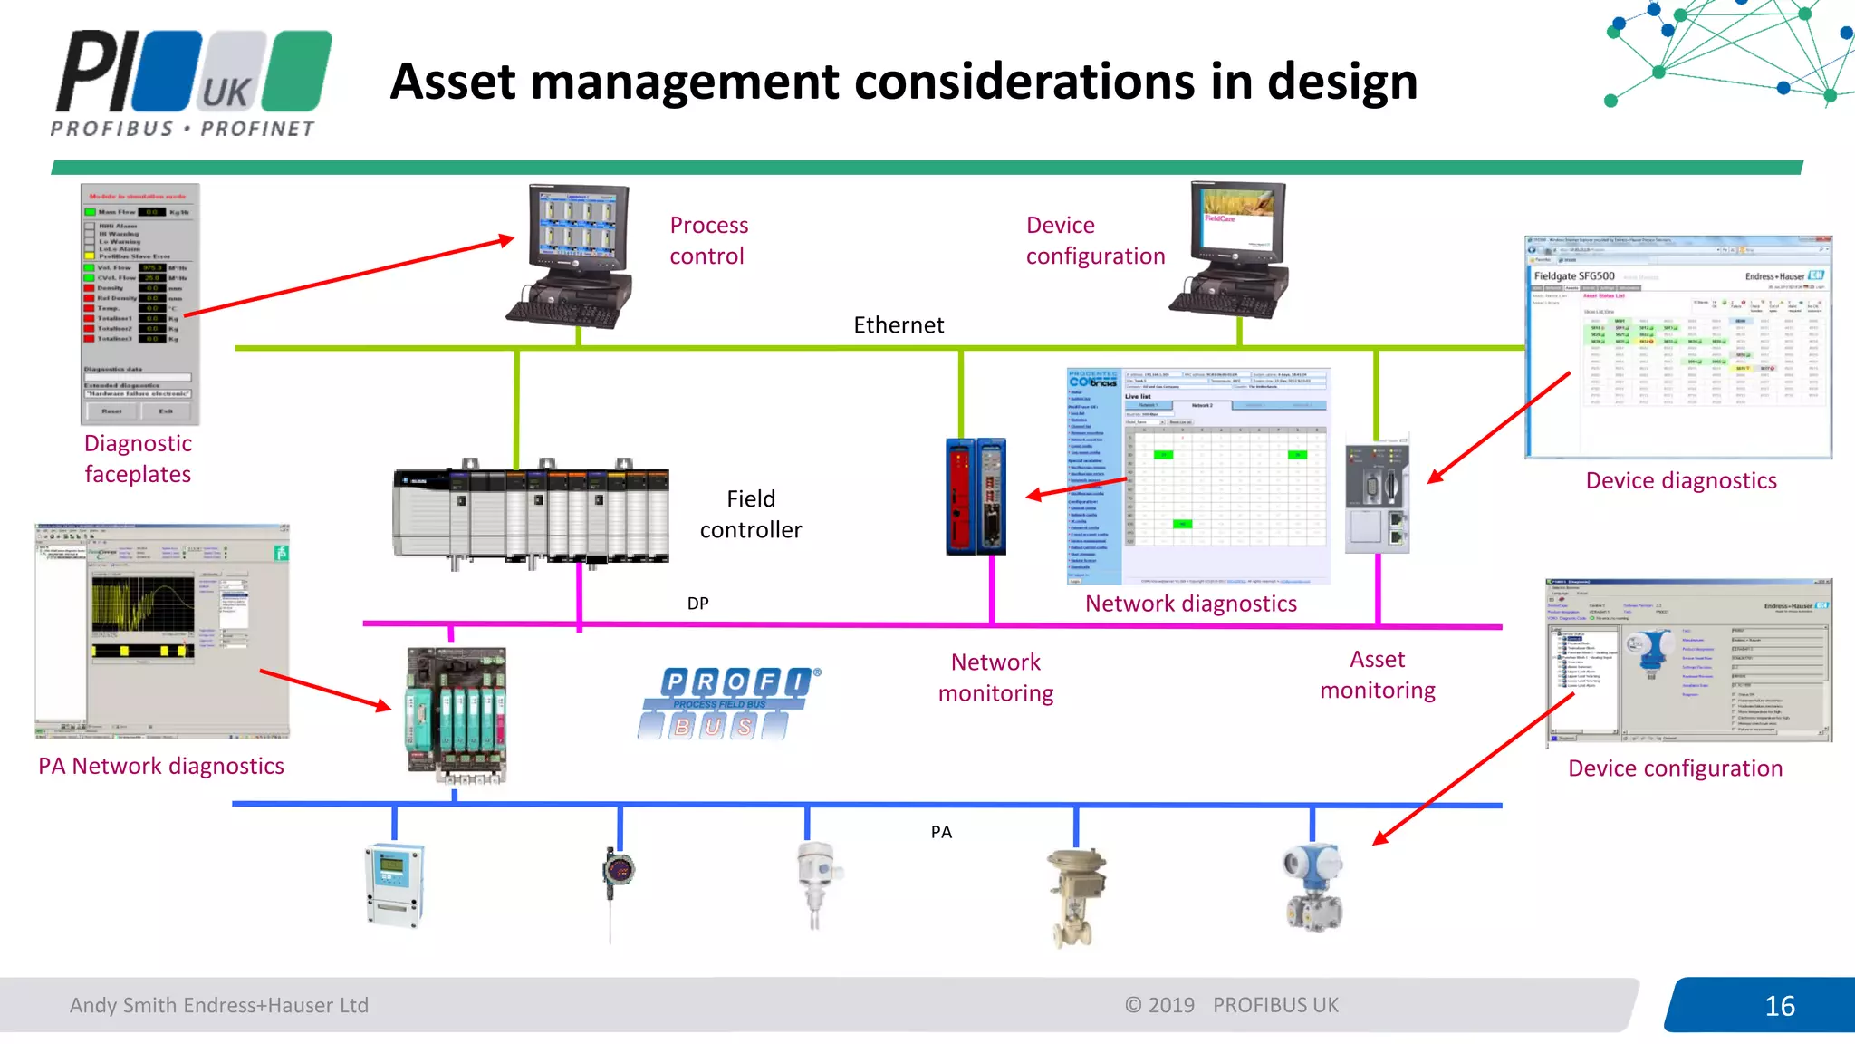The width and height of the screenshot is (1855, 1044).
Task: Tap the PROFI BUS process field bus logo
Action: [730, 703]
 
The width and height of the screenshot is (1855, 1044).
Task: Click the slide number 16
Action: [1779, 1006]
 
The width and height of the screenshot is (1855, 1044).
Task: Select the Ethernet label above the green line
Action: [898, 325]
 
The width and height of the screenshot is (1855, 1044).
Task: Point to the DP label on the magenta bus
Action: [697, 604]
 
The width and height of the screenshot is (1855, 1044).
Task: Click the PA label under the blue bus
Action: [941, 832]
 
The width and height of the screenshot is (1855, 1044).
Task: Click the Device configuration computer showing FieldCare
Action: [1233, 249]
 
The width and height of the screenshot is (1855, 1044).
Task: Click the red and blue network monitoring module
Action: [976, 497]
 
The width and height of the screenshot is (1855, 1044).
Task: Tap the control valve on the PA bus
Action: [1075, 897]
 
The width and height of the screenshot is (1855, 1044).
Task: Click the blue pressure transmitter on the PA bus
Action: [1312, 888]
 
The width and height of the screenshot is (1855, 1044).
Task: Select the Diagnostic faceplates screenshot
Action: [139, 304]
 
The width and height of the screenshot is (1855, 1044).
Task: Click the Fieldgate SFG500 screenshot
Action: [1677, 348]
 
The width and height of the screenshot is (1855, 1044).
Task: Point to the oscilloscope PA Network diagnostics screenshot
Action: [162, 631]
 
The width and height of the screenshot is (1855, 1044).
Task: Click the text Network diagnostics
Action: [1190, 604]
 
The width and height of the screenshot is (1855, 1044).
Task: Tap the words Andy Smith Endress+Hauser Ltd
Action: [219, 1005]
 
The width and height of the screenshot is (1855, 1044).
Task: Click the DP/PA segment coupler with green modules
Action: [457, 714]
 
